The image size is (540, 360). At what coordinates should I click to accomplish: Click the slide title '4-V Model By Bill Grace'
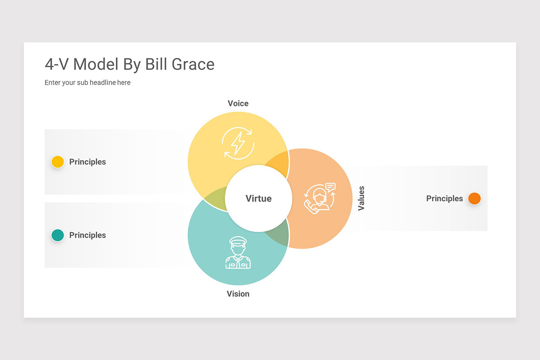(130, 64)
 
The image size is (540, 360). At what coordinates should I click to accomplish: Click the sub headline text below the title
(87, 82)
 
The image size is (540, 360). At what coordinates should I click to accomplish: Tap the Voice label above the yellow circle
(238, 103)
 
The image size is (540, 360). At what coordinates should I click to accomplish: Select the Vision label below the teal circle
(238, 294)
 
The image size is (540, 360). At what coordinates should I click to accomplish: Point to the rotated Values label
(361, 198)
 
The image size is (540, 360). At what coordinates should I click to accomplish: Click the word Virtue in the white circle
(258, 198)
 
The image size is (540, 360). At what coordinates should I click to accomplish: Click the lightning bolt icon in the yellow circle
(238, 143)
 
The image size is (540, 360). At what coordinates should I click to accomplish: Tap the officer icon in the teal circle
(238, 252)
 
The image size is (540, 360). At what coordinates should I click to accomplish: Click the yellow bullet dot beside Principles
(58, 162)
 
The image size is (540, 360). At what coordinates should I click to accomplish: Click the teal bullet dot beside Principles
(58, 235)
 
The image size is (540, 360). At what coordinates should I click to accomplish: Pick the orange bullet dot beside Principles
(474, 198)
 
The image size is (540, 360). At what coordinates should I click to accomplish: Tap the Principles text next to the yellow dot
(87, 162)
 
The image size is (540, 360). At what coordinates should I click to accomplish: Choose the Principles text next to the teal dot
(87, 235)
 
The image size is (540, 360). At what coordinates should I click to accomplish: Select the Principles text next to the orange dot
(445, 198)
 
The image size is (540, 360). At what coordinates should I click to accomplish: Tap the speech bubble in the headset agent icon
(330, 187)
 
